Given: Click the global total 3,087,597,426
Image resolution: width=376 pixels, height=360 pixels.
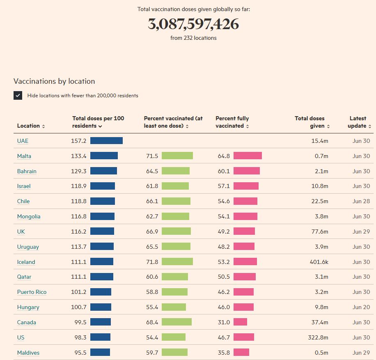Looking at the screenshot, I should click(193, 24).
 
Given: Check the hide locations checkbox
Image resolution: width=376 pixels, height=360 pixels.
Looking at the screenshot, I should click(18, 96).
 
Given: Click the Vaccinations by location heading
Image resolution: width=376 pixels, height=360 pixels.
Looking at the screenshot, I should click(54, 81).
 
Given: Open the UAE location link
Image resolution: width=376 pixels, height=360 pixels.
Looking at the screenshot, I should click(23, 141).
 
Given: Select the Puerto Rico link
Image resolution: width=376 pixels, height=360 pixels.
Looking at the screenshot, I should click(32, 292).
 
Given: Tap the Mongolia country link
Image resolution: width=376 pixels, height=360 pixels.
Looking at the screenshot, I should click(29, 216).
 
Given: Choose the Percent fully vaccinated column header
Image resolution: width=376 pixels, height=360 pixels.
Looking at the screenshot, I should click(232, 122).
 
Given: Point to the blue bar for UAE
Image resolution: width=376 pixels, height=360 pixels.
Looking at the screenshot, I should click(106, 141).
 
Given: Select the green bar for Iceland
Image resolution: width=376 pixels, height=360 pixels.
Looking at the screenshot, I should click(177, 262).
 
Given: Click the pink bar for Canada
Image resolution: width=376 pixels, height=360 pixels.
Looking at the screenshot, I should click(240, 322).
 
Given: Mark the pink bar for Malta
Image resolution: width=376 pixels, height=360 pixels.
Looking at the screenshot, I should click(248, 156).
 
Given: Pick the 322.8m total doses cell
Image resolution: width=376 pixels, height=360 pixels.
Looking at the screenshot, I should click(319, 337).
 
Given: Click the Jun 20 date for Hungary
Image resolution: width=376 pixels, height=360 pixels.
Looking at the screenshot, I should click(361, 307).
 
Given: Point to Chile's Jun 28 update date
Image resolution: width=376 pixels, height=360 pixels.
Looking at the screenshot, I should click(361, 201).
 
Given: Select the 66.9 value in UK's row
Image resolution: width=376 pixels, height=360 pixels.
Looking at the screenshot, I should click(152, 232).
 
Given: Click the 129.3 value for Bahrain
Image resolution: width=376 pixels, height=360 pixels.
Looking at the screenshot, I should click(79, 171).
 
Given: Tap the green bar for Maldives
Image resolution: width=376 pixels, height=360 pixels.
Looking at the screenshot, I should click(174, 353).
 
